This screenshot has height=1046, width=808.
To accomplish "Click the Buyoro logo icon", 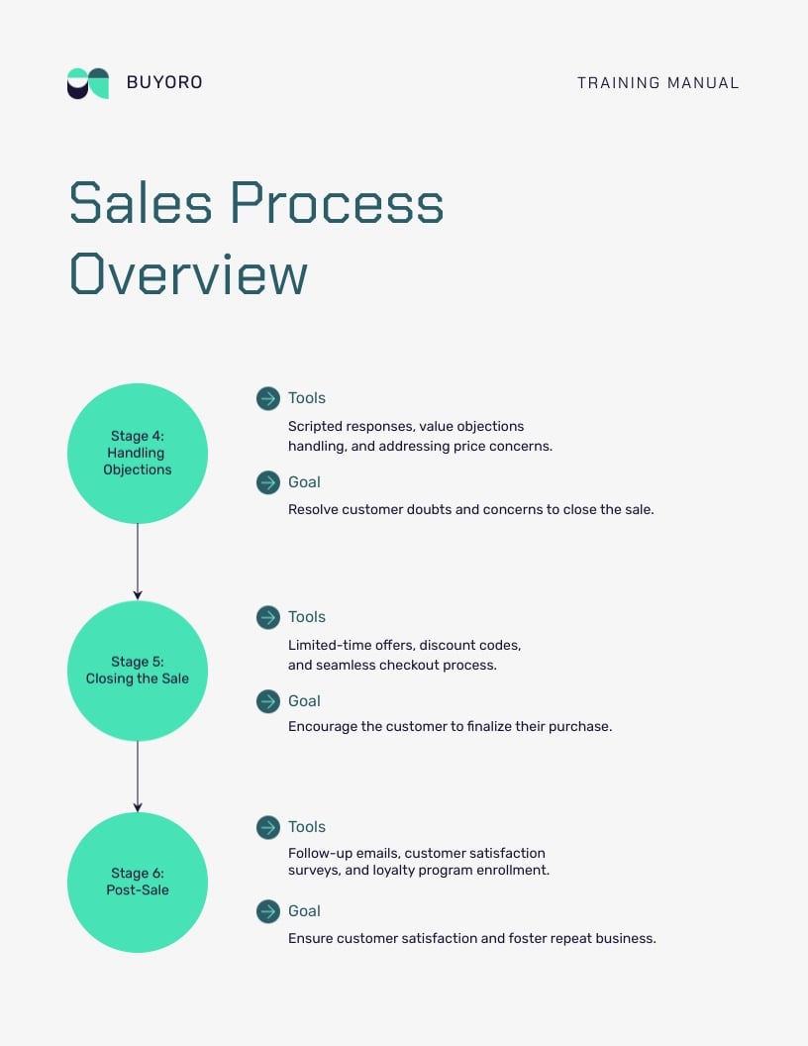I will click(x=88, y=83).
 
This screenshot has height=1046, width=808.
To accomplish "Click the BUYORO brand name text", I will click(x=164, y=83).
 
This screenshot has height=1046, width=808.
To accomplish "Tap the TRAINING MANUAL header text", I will click(x=657, y=83).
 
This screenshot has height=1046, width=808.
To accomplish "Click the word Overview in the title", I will click(x=188, y=274).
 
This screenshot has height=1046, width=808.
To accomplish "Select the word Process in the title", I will click(x=337, y=203).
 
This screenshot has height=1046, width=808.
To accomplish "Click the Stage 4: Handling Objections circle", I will click(x=138, y=454).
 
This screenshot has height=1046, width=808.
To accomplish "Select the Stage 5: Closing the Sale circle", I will click(x=138, y=671).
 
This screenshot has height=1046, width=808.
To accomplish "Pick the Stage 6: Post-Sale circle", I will click(x=138, y=882).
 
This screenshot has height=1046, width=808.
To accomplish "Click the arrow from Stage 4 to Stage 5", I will click(x=138, y=562).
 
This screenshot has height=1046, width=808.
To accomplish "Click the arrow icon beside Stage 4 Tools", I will click(x=267, y=398).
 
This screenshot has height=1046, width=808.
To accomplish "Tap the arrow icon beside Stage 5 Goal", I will click(x=267, y=701).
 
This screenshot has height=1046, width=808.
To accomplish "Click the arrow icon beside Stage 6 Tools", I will click(x=267, y=827).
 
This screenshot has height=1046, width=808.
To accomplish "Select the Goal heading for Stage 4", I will click(x=304, y=482).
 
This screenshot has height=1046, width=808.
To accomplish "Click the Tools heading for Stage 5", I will click(x=307, y=617).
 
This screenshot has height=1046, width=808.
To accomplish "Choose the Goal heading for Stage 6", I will click(x=304, y=911).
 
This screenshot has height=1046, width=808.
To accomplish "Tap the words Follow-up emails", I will click(x=343, y=853).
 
